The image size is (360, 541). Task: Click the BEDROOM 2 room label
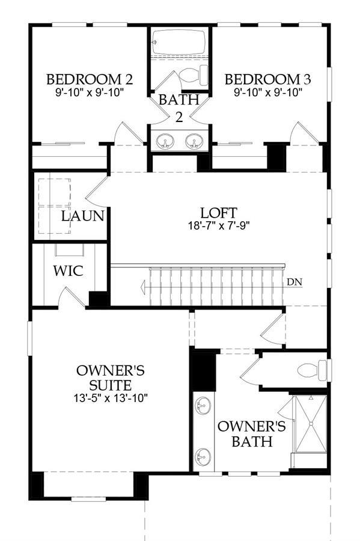(90, 79)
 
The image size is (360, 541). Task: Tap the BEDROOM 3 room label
(268, 79)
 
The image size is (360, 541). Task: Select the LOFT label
(219, 213)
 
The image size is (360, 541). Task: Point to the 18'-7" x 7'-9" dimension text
(219, 225)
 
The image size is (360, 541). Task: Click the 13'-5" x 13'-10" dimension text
(111, 398)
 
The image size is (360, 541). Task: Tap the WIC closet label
(69, 271)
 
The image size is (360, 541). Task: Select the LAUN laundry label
(83, 216)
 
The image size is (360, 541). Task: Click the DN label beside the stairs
(294, 282)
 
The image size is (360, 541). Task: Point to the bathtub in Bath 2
(179, 42)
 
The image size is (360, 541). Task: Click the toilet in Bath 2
(194, 75)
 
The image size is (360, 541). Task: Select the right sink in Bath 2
(194, 142)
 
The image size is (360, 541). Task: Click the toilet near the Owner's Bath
(312, 370)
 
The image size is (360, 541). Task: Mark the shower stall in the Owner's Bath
(311, 424)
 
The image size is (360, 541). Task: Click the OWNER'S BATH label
(252, 433)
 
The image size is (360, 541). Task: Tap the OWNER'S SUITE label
(111, 377)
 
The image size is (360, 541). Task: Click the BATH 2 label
(179, 108)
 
